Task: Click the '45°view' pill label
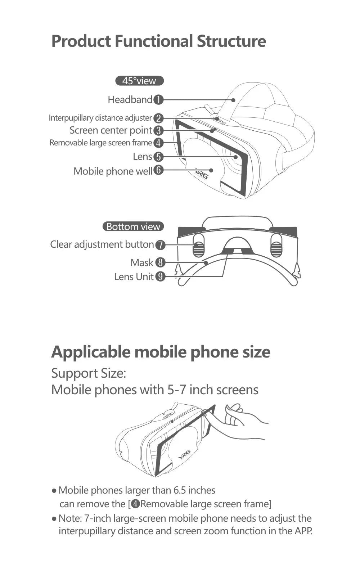[139, 81]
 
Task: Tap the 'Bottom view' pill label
[133, 227]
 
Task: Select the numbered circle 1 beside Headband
[158, 100]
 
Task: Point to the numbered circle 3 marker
[158, 130]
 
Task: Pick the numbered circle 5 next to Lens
[158, 157]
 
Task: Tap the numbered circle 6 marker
[158, 170]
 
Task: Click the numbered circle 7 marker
[160, 245]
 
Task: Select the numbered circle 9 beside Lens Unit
[160, 277]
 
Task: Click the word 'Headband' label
[130, 100]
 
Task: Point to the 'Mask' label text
[142, 263]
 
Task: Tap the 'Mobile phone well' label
[113, 171]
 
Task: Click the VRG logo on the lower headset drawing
[184, 455]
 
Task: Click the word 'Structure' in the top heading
[231, 41]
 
